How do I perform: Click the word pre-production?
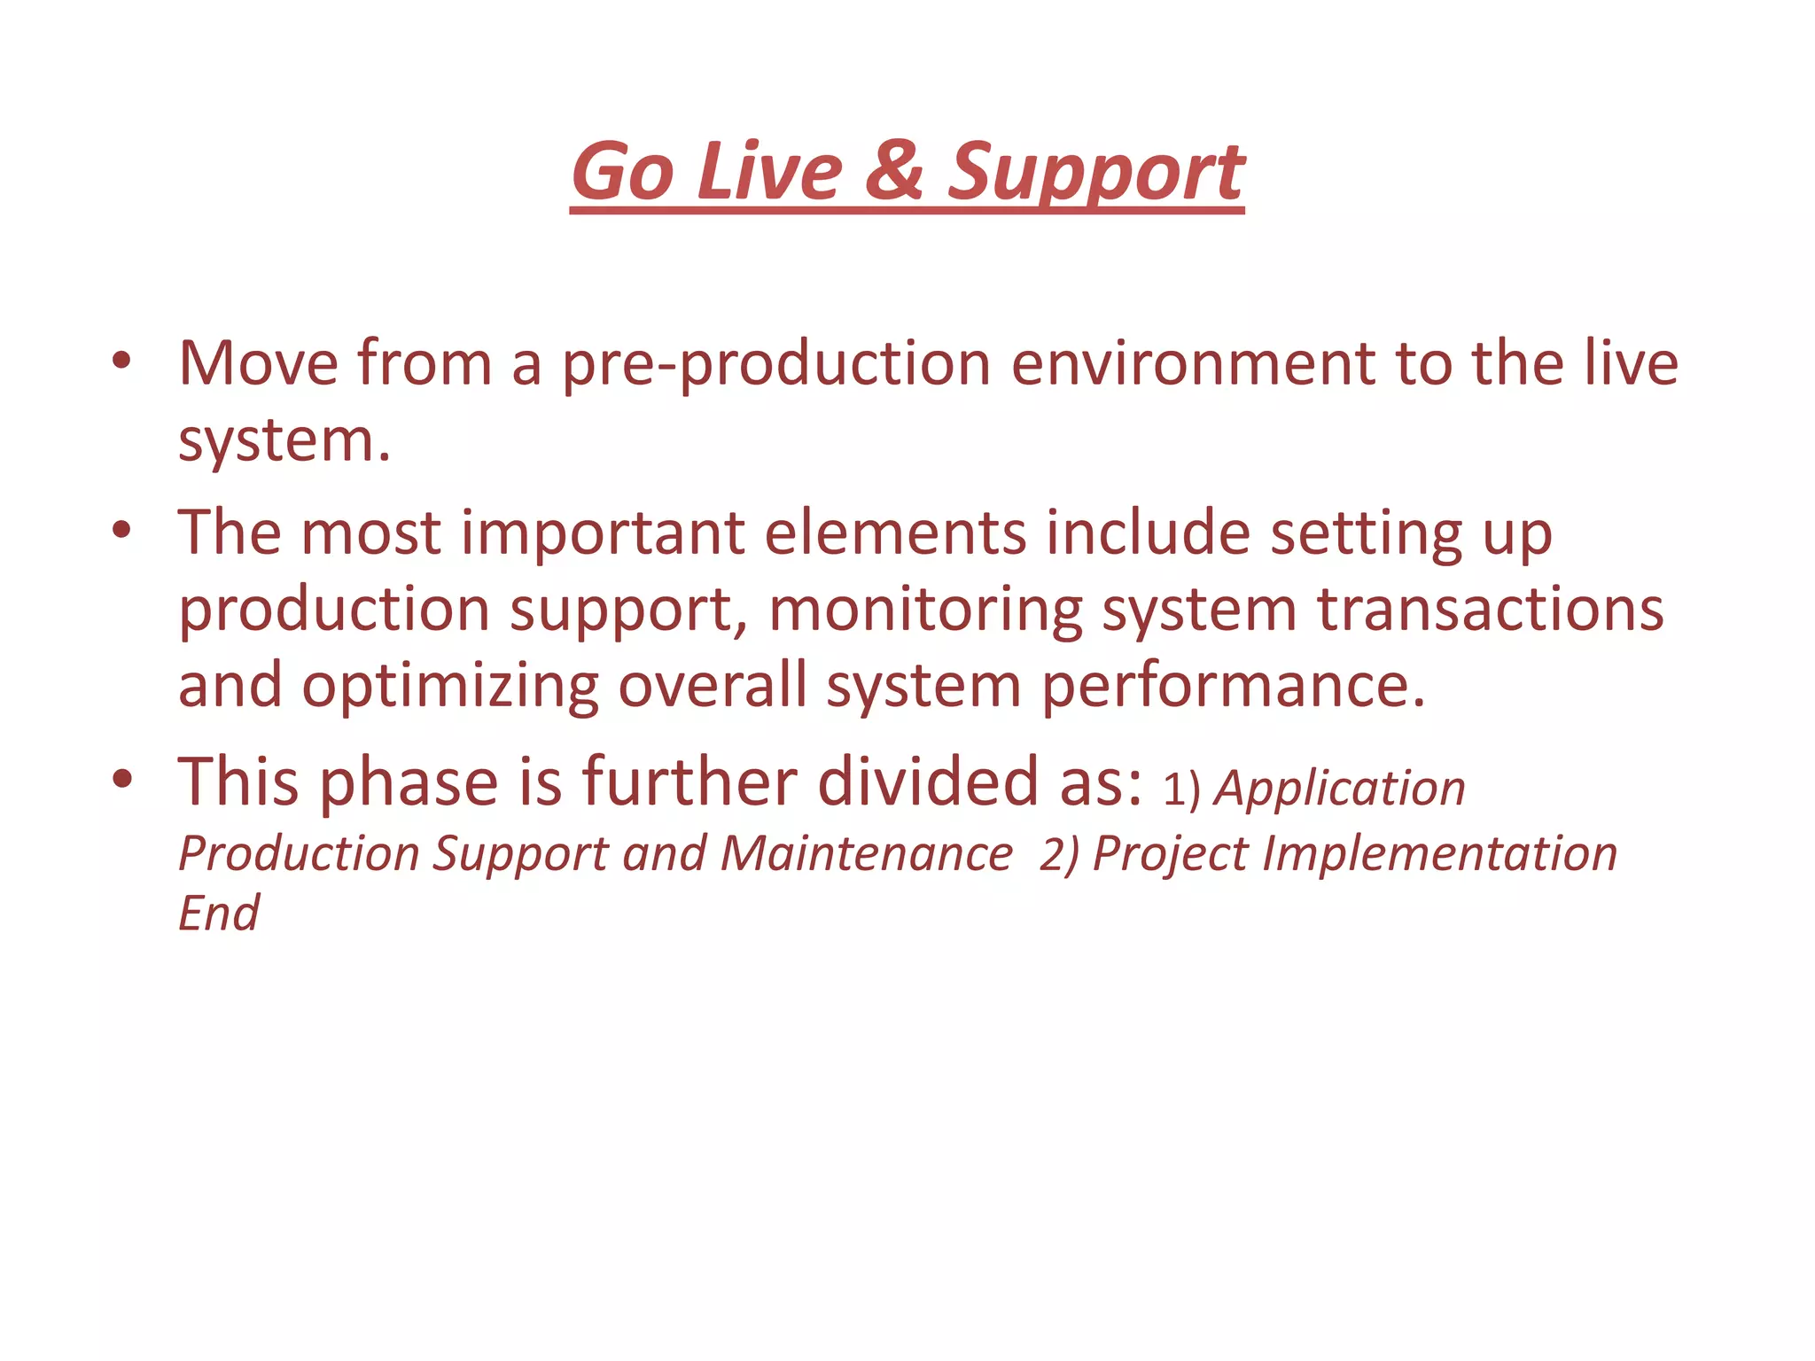[776, 364]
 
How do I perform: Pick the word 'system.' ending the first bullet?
[284, 441]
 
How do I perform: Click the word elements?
[894, 533]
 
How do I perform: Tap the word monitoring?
[925, 611]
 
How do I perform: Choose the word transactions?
[1490, 610]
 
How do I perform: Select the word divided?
[926, 782]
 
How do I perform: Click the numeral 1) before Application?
[1181, 789]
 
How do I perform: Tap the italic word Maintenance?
[866, 853]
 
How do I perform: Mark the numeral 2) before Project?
[1059, 854]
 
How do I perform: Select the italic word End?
[218, 913]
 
